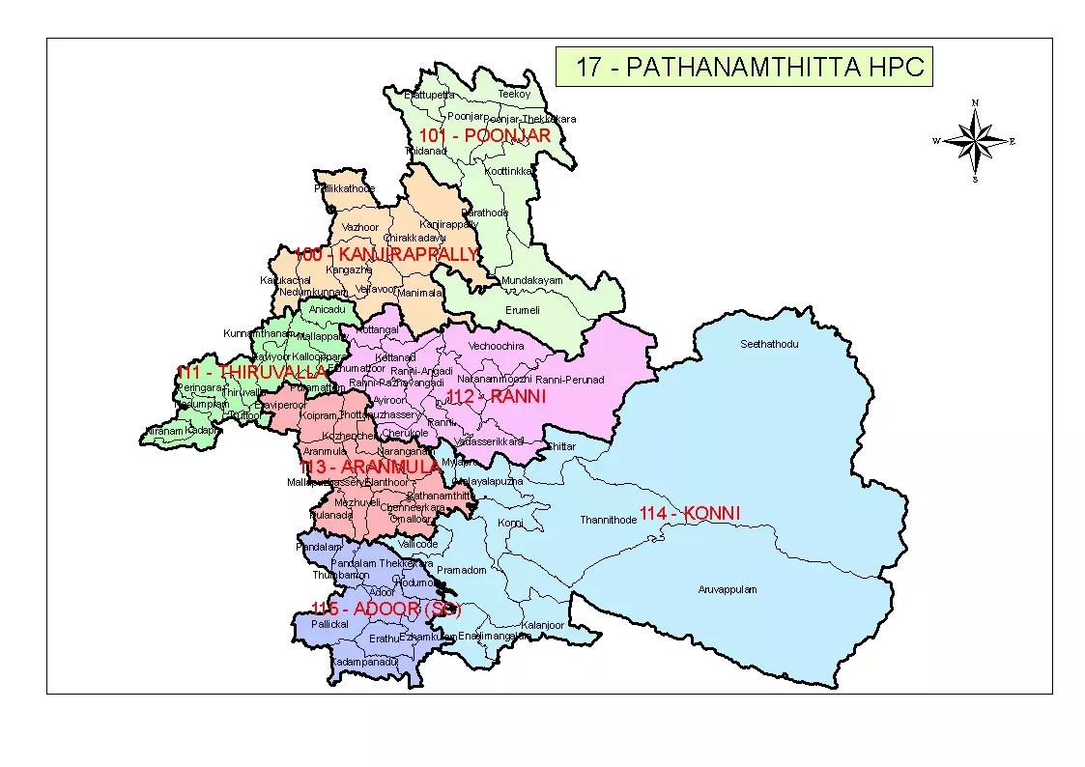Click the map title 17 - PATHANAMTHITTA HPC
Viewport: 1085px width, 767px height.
[744, 68]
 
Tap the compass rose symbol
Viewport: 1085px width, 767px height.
[976, 141]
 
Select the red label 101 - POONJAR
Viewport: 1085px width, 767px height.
[484, 136]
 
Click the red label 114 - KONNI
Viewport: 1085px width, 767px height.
[690, 514]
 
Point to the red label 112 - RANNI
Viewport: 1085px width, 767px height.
[497, 397]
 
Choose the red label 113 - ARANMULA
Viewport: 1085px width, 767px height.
[370, 468]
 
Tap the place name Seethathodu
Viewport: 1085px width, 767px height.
[769, 344]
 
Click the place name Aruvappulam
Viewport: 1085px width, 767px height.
[728, 589]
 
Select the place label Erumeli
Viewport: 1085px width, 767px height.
[523, 310]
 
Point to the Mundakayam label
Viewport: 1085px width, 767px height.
[531, 281]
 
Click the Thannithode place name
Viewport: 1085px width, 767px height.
[608, 520]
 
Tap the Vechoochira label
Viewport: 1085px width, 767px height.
[497, 346]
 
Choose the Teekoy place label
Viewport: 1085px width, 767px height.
[514, 95]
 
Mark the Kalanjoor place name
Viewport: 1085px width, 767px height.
[542, 625]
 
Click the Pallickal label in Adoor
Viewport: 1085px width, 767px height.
[329, 625]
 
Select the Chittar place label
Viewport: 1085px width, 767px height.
[560, 446]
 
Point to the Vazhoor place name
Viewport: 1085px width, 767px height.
[360, 227]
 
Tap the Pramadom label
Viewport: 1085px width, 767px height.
[462, 570]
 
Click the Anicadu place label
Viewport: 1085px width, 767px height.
[327, 309]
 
